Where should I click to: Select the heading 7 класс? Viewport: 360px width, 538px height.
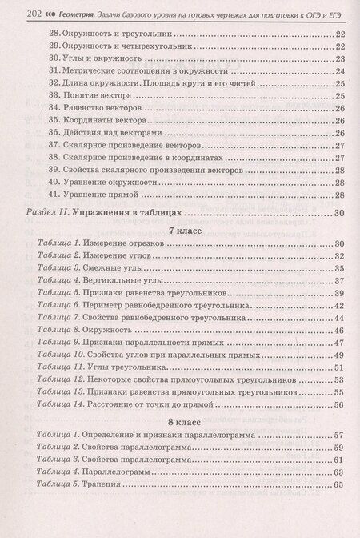tap(182, 231)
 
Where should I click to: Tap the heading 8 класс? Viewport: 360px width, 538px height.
tap(182, 420)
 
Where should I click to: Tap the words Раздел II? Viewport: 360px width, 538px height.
tap(52, 213)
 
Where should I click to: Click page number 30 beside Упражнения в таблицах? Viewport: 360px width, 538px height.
tap(338, 213)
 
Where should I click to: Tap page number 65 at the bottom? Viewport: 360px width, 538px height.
tap(338, 484)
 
